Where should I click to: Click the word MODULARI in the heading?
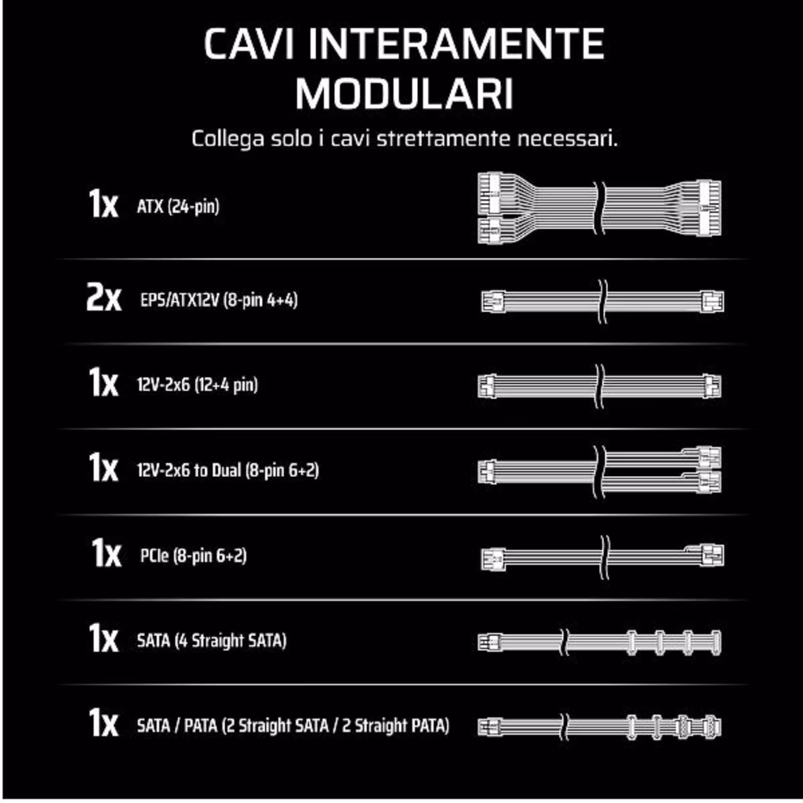pyautogui.click(x=404, y=93)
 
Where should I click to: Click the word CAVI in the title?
pyautogui.click(x=249, y=44)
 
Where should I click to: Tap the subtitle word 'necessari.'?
pyautogui.click(x=567, y=138)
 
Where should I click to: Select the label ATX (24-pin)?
pyautogui.click(x=178, y=206)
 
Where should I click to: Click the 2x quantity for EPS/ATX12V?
pyautogui.click(x=104, y=298)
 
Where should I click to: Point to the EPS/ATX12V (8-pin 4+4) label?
pyautogui.click(x=219, y=300)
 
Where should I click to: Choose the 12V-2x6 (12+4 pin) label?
pyautogui.click(x=197, y=384)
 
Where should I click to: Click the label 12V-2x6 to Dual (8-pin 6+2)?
pyautogui.click(x=228, y=471)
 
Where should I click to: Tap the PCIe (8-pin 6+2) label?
pyautogui.click(x=194, y=556)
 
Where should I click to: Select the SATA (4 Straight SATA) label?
pyautogui.click(x=212, y=641)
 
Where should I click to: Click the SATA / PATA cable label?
pyautogui.click(x=293, y=725)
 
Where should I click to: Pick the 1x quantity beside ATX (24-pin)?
pyautogui.click(x=103, y=204)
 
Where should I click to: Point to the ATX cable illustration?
pyautogui.click(x=599, y=207)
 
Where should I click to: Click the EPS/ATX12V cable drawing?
pyautogui.click(x=602, y=301)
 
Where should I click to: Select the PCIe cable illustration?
pyautogui.click(x=602, y=557)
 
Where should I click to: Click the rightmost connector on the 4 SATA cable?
pyautogui.click(x=715, y=642)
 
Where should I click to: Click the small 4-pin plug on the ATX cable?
pyautogui.click(x=489, y=231)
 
